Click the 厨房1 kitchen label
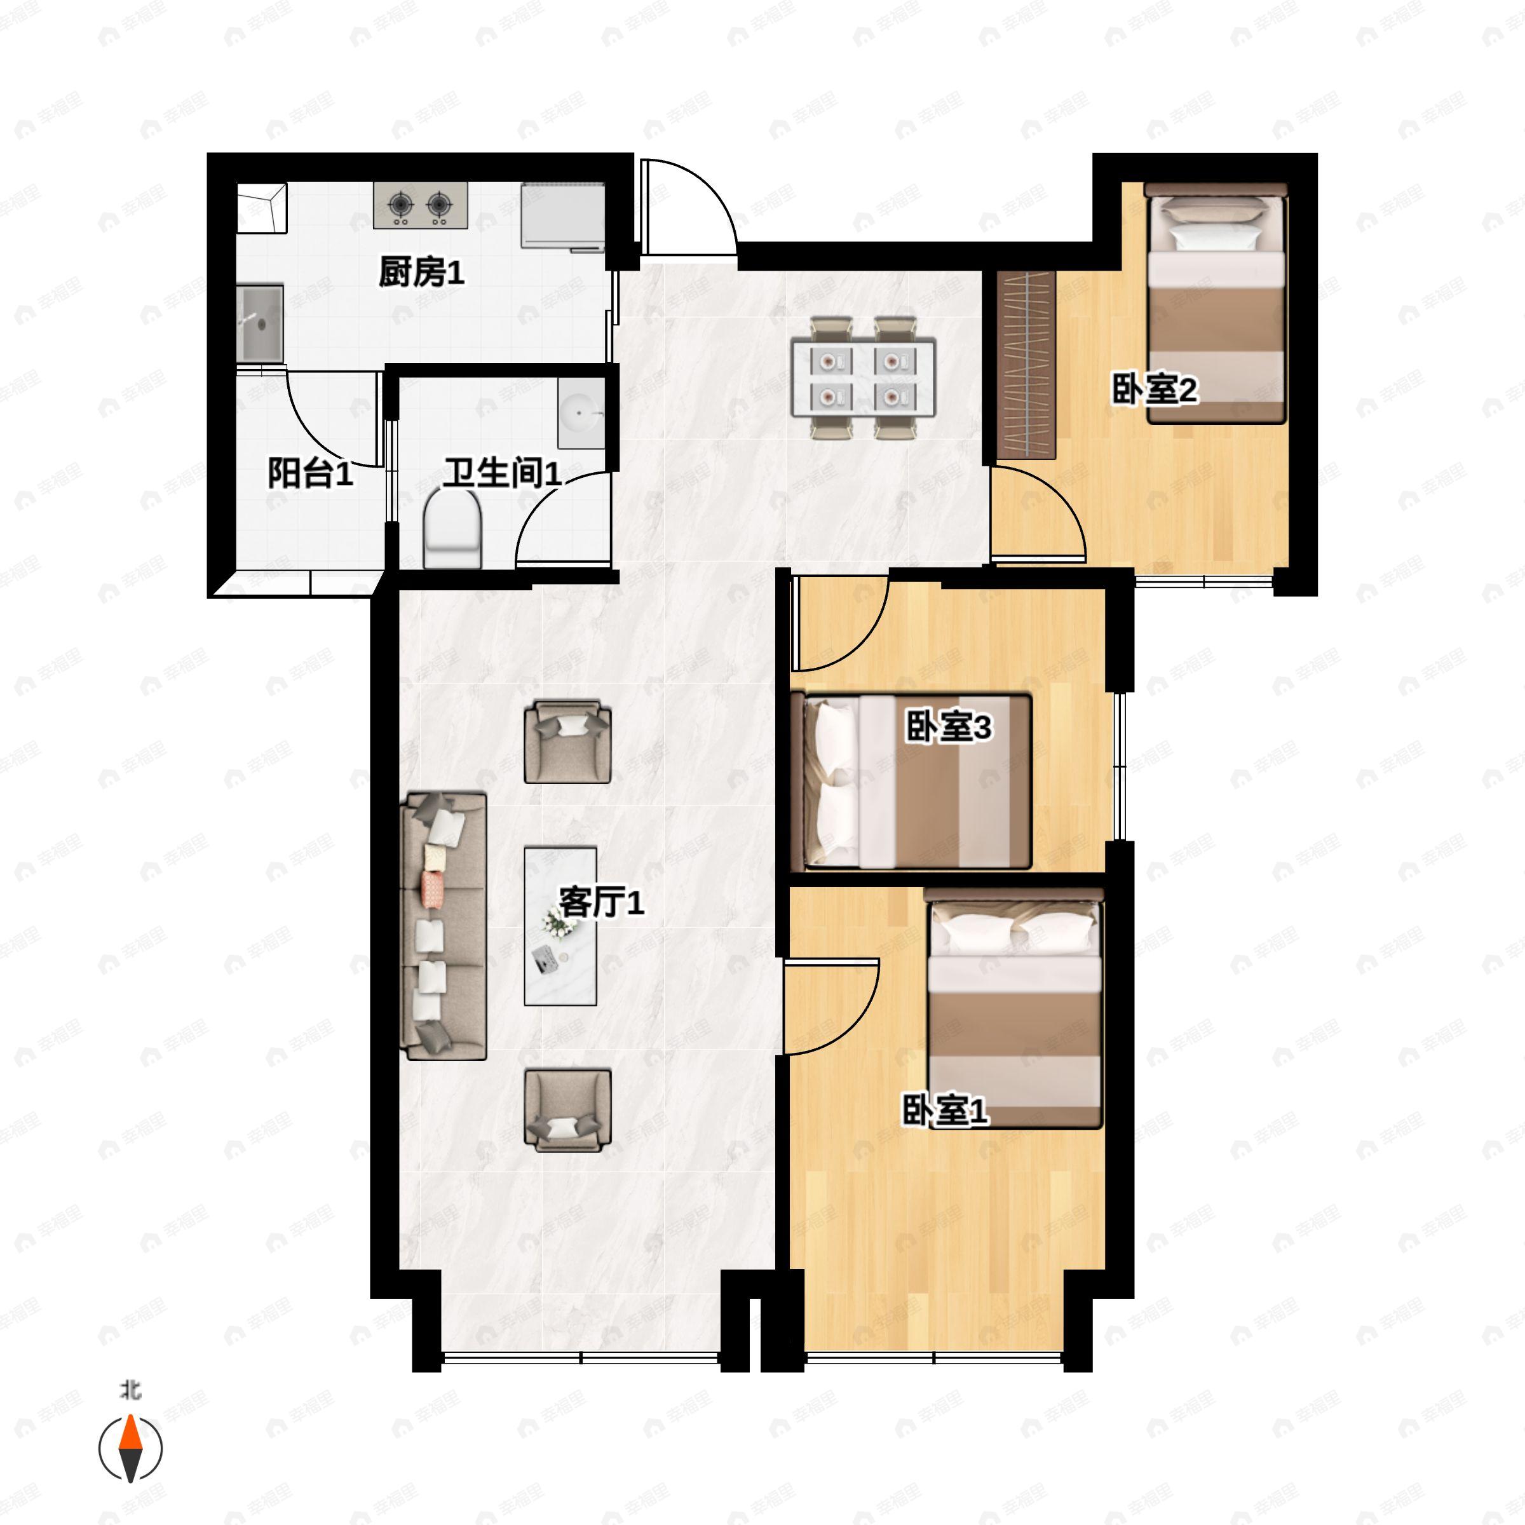click(421, 273)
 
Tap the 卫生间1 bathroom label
click(502, 473)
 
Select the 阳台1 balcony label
click(309, 473)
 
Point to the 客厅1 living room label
click(602, 902)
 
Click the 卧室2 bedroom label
click(1155, 388)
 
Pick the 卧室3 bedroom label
click(948, 727)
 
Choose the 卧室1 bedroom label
click(945, 1111)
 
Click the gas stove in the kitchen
click(421, 205)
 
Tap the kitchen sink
click(261, 323)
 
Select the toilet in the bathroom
click(452, 527)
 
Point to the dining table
click(864, 378)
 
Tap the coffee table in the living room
click(560, 926)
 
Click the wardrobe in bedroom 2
click(1026, 365)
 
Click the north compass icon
click(130, 1447)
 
